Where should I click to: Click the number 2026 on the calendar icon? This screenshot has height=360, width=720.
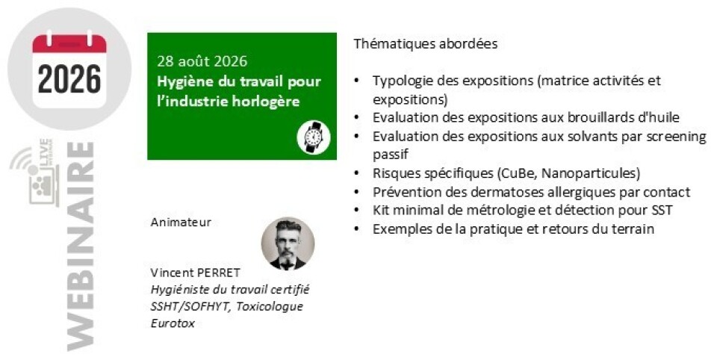click(69, 78)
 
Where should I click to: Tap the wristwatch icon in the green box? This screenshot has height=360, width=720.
click(314, 137)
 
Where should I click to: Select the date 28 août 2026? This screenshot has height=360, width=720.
click(202, 61)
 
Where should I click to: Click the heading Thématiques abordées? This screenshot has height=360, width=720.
click(425, 45)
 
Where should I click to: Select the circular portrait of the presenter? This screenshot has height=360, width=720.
click(288, 243)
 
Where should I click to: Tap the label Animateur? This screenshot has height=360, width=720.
click(181, 223)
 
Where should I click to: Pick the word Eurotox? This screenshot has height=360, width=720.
click(173, 323)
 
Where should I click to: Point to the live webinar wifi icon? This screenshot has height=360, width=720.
click(31, 172)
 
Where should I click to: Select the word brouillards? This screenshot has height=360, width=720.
click(595, 117)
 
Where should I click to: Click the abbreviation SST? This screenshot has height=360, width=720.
click(662, 211)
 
